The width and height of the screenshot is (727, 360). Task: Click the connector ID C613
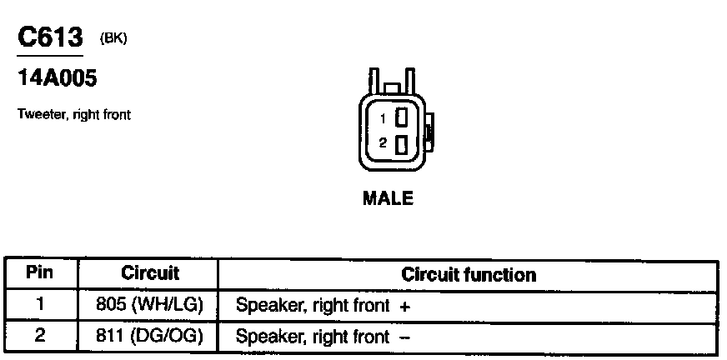(x=51, y=38)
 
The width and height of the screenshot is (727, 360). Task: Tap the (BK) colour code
(x=113, y=38)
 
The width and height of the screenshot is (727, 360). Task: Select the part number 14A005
(x=58, y=79)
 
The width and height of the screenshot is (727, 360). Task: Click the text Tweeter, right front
(x=73, y=115)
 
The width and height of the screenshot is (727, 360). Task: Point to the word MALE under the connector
(x=388, y=198)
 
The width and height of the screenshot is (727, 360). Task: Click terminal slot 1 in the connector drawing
(x=400, y=117)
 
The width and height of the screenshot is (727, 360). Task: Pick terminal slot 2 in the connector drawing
(x=400, y=144)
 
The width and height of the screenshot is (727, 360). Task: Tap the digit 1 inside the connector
(x=384, y=118)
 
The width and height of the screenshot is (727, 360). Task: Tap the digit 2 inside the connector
(x=383, y=143)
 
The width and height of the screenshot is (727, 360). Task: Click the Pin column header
(x=40, y=273)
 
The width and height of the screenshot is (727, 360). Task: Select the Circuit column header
(x=150, y=273)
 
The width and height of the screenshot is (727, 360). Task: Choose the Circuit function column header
(x=469, y=274)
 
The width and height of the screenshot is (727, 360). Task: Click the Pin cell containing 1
(x=40, y=305)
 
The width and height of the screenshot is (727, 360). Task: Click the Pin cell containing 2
(x=40, y=336)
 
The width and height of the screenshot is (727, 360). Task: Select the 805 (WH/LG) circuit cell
(x=150, y=305)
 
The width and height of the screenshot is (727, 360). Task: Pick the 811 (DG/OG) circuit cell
(x=150, y=336)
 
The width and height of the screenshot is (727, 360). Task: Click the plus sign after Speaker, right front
(x=405, y=306)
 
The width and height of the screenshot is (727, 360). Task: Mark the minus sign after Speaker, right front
(x=405, y=337)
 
